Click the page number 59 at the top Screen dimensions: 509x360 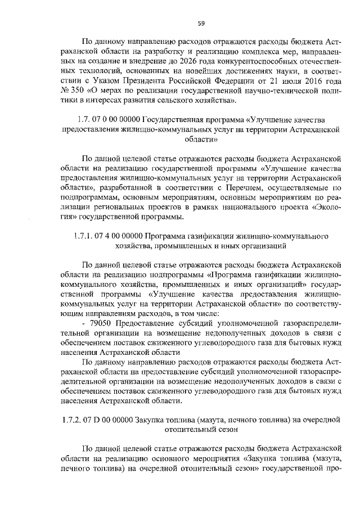(x=201, y=23)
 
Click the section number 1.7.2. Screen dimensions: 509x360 (x=71, y=421)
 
